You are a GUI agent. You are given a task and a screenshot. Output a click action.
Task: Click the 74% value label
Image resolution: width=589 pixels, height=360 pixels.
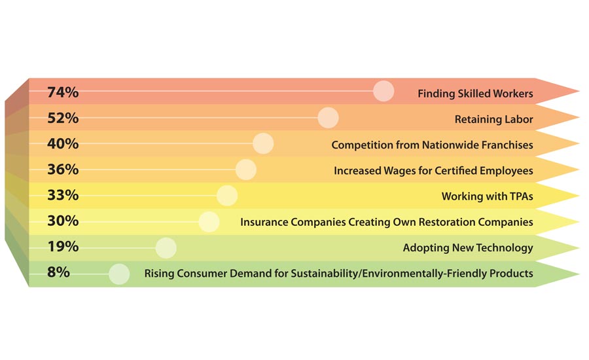click(63, 92)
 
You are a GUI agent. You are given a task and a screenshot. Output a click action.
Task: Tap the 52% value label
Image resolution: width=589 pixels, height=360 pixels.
click(63, 118)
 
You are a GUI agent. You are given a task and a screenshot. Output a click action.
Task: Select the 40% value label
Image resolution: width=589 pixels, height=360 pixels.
click(63, 144)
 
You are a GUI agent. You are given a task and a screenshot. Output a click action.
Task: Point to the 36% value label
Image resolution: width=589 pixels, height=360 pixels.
click(63, 170)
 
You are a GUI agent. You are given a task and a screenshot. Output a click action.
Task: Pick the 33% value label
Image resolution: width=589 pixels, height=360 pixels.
click(63, 195)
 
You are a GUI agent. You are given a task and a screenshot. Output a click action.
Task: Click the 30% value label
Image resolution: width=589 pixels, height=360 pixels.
click(63, 221)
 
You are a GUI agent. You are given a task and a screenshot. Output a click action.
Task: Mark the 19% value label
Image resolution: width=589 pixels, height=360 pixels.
click(63, 247)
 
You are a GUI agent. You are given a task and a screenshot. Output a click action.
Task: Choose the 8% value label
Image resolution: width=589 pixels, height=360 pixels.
click(58, 272)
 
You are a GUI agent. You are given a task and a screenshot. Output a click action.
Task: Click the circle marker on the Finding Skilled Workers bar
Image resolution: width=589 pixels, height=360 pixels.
click(383, 91)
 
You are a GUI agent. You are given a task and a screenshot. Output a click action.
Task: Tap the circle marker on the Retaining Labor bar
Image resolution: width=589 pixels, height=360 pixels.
click(328, 118)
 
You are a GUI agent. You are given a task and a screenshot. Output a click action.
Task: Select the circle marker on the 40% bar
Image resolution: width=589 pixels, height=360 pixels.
click(262, 143)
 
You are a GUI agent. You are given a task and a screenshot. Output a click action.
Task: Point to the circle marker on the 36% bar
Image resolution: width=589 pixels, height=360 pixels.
click(245, 170)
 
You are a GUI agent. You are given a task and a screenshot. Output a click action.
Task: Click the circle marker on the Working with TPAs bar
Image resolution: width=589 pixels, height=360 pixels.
click(226, 195)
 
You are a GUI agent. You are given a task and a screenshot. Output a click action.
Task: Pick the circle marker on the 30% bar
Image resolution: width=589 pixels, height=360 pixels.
click(208, 221)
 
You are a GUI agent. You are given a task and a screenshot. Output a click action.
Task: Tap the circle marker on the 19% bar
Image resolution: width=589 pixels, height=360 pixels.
click(166, 247)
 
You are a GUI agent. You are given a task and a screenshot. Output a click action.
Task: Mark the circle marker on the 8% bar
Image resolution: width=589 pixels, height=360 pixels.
click(118, 274)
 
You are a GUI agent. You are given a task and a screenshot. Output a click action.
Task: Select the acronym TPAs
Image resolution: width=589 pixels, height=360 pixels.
click(520, 196)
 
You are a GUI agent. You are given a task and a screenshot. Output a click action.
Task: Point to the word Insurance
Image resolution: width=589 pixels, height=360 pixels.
click(264, 222)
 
